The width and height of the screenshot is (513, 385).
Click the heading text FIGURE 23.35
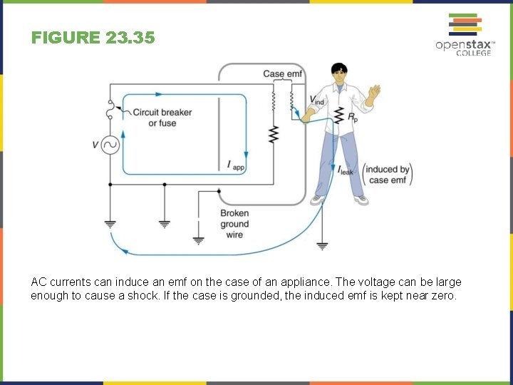93,38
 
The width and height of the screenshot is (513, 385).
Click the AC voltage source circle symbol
110,145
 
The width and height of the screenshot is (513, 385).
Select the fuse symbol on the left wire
110,108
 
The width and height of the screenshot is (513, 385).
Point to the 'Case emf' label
283,74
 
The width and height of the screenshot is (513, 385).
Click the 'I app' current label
235,166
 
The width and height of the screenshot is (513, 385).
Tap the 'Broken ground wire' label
234,224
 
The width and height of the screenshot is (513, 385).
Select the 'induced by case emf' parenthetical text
388,175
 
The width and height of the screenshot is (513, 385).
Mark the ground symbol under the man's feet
322,246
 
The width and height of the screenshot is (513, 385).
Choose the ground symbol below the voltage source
110,223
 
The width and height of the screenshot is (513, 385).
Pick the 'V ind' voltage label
316,100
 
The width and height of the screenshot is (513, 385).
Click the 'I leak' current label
346,170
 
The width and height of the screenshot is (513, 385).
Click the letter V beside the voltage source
95,145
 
